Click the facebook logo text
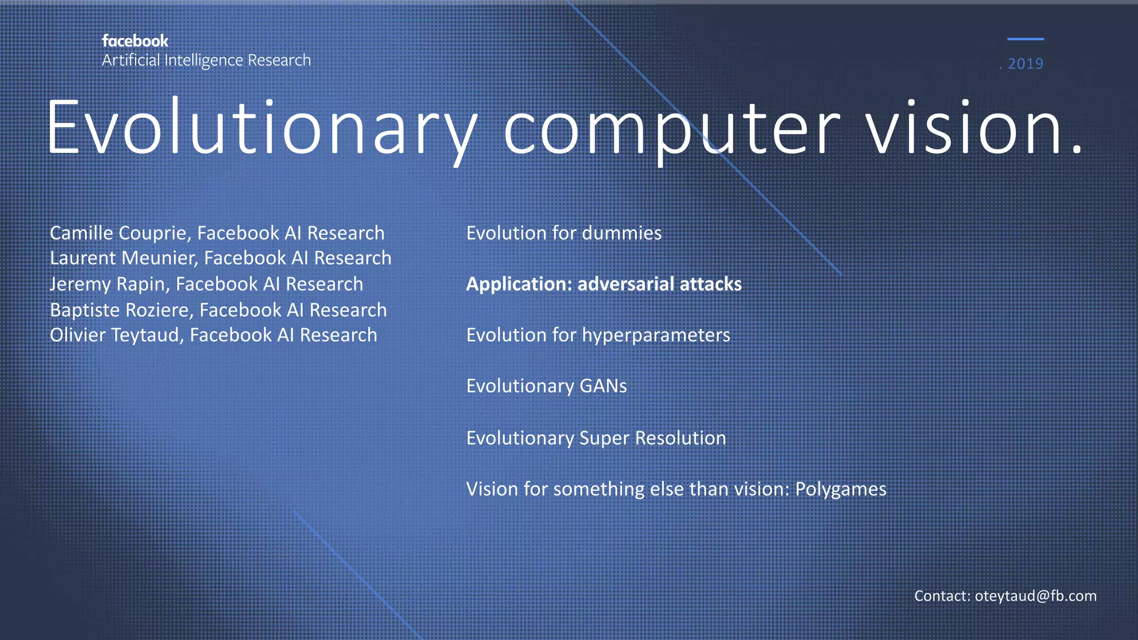(135, 41)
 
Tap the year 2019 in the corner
(1025, 64)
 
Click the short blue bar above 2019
(1025, 39)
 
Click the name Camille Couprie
(120, 233)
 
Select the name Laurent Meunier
(123, 258)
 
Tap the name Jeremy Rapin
(109, 284)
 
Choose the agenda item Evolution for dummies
(563, 233)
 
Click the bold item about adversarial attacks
(603, 284)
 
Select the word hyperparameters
(656, 335)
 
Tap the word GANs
(603, 386)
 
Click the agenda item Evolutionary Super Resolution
(596, 438)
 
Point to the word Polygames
(840, 489)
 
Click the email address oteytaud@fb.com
(1035, 596)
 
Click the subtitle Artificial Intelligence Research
(206, 60)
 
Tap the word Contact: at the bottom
(942, 596)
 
